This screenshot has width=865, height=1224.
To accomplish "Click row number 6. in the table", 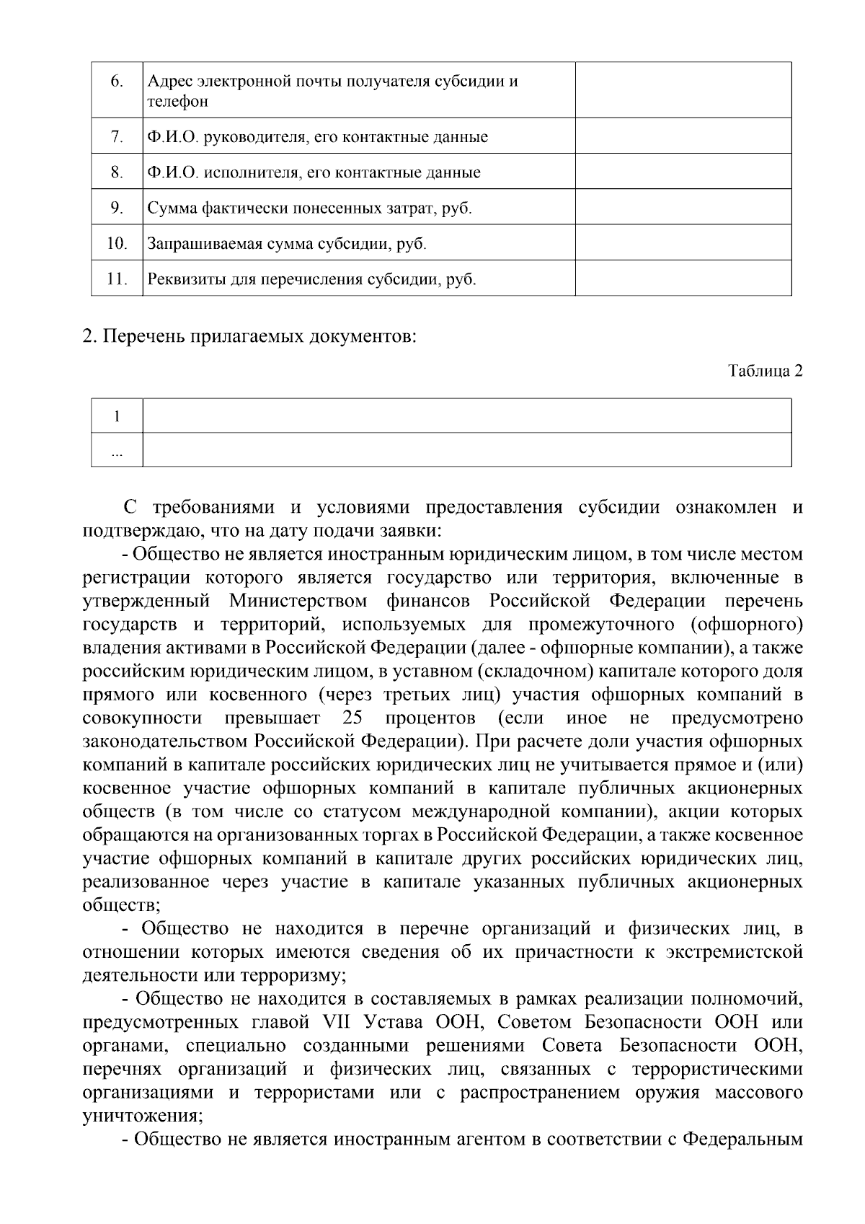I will coord(117,82).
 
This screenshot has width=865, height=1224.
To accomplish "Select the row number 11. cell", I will coord(117,279).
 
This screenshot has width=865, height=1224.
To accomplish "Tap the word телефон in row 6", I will coord(178,102).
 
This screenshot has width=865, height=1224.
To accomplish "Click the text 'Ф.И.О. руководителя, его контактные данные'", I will coord(317,137).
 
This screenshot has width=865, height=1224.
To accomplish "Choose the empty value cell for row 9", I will coord(683,208).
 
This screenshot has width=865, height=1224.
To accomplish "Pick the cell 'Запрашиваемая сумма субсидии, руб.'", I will coord(287,244).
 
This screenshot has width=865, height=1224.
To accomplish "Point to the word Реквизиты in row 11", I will coord(179,279).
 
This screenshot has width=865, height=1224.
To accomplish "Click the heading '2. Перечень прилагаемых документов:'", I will coord(249,336).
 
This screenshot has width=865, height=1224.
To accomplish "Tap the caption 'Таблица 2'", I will coord(765,371).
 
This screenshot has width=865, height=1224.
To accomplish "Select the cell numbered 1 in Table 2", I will coord(117,416).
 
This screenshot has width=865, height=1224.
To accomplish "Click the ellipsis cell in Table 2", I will coord(117,451).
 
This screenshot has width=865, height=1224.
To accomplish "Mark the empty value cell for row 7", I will coord(683,137).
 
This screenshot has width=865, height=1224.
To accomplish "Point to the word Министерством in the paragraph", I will coord(298,601).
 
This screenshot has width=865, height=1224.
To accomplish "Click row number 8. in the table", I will coord(117,172).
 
